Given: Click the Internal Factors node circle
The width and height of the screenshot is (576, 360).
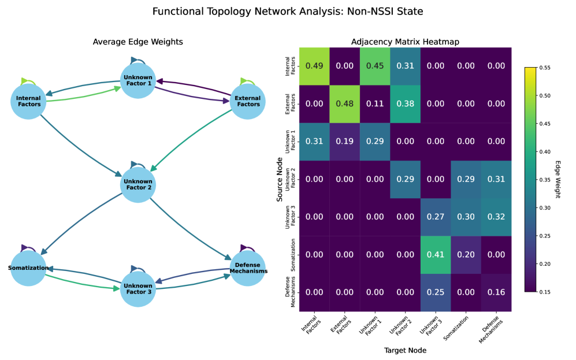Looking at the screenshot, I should (28, 102).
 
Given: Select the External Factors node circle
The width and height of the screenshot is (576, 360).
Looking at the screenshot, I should (248, 101).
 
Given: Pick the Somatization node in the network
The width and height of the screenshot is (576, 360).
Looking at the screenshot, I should (28, 268).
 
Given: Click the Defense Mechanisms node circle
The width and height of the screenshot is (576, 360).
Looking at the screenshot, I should (248, 268).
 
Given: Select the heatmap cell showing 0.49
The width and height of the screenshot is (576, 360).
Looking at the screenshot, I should (314, 65).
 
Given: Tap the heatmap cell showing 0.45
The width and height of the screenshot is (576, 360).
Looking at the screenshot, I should (375, 65).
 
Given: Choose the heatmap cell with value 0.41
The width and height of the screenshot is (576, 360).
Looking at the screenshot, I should (436, 254).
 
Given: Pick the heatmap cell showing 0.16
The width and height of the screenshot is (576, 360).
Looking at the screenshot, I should (496, 292).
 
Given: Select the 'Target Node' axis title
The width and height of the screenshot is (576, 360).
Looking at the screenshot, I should (405, 350).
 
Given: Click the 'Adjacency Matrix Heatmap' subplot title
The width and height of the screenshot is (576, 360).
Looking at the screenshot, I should (405, 42).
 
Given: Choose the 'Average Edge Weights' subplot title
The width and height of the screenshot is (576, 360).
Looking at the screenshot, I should (138, 42).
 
